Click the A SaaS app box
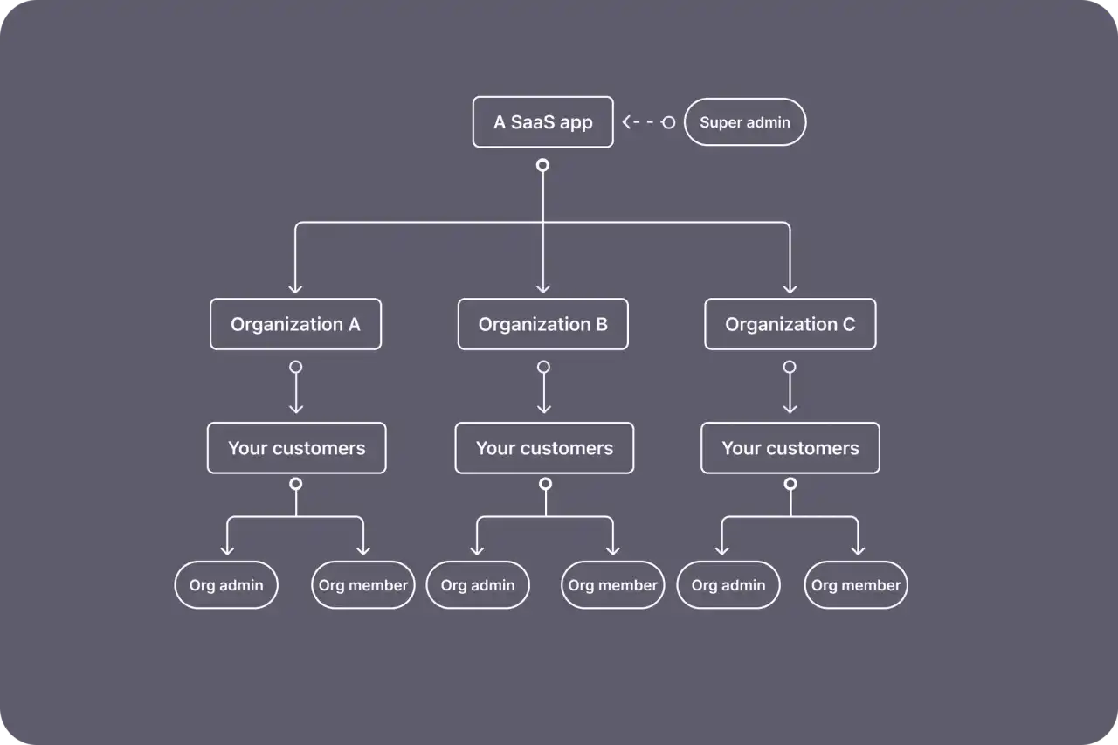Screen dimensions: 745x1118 pyautogui.click(x=542, y=122)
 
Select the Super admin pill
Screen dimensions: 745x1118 pyautogui.click(x=744, y=122)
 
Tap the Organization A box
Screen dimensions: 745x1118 pyautogui.click(x=295, y=324)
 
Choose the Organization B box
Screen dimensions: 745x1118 pyautogui.click(x=542, y=324)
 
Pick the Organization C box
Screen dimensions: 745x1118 pyautogui.click(x=790, y=324)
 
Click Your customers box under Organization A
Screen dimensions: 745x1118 pyautogui.click(x=296, y=448)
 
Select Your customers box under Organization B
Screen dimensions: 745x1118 pyautogui.click(x=544, y=448)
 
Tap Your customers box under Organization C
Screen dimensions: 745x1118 pyautogui.click(x=790, y=448)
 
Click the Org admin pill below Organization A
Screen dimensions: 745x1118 pyautogui.click(x=226, y=585)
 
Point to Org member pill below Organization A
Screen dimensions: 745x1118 pyautogui.click(x=362, y=585)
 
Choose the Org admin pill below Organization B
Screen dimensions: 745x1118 pyautogui.click(x=478, y=585)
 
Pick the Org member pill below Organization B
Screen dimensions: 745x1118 pyautogui.click(x=612, y=585)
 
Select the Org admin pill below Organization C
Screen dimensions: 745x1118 pyautogui.click(x=728, y=585)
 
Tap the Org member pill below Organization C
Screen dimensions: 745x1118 pyautogui.click(x=856, y=585)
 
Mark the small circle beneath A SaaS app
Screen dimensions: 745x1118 pyautogui.click(x=542, y=165)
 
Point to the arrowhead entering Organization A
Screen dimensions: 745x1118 pyautogui.click(x=295, y=286)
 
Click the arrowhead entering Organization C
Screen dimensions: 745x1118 pyautogui.click(x=790, y=286)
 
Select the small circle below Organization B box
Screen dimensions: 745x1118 pyautogui.click(x=543, y=367)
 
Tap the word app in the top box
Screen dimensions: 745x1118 pyautogui.click(x=576, y=123)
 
